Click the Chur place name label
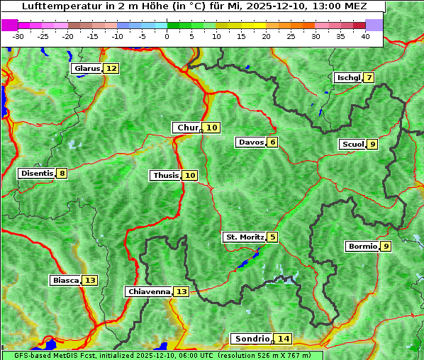[x=187, y=128]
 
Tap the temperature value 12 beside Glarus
[x=111, y=68]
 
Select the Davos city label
[x=250, y=142]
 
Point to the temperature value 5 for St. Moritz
[x=273, y=237]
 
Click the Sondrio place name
[x=252, y=339]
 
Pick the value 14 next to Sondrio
[x=284, y=339]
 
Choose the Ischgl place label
[x=348, y=77]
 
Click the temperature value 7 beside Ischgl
[x=369, y=77]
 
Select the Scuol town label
[x=352, y=144]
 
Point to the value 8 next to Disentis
[x=62, y=173]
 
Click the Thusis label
[x=165, y=175]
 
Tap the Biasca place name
[x=65, y=280]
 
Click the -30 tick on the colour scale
[x=19, y=35]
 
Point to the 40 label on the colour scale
[x=365, y=35]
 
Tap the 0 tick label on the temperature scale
[x=167, y=35]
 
